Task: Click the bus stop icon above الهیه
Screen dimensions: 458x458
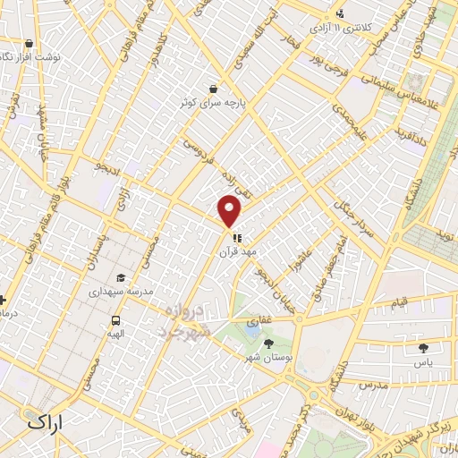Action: tap(115, 321)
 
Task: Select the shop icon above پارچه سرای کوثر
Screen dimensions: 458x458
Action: tap(213, 89)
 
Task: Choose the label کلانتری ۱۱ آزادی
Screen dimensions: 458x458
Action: tap(341, 28)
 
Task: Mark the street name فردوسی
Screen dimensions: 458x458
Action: tap(199, 145)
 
